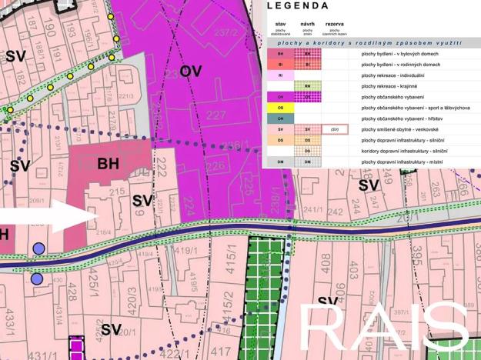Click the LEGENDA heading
(x=297, y=6)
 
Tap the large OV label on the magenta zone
(x=192, y=72)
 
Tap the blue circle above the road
(x=38, y=248)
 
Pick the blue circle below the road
(x=37, y=278)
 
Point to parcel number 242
(x=334, y=209)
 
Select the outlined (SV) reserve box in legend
(x=336, y=130)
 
